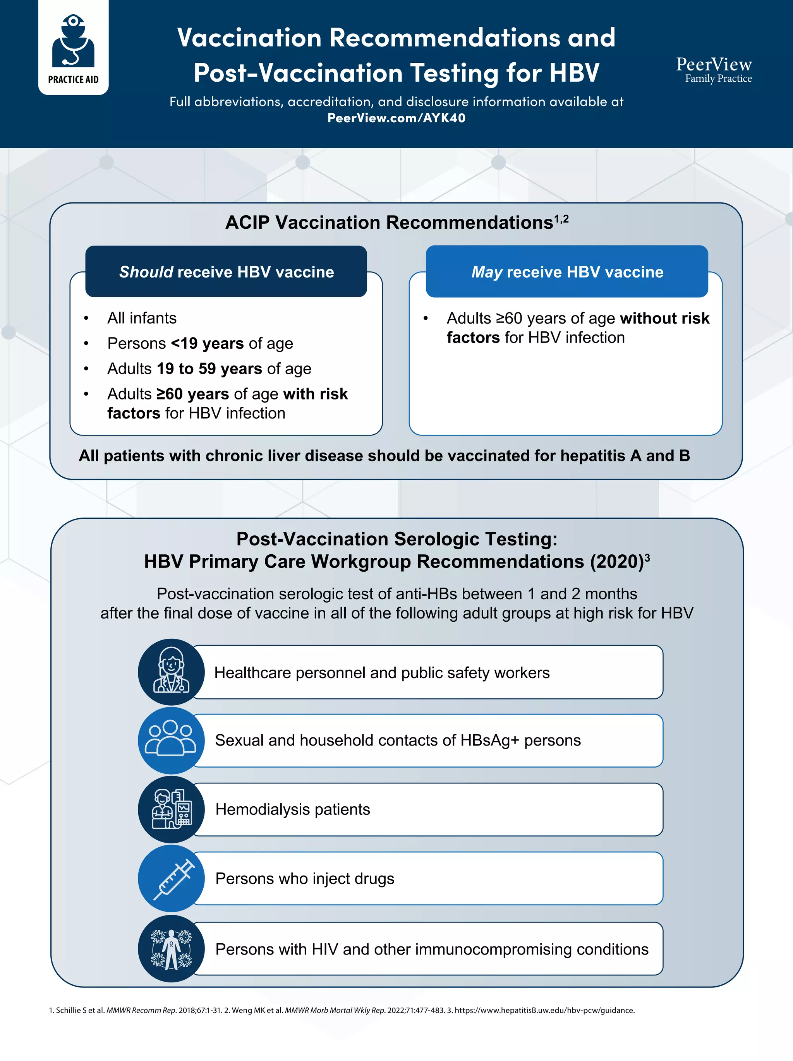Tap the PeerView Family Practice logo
coord(714,70)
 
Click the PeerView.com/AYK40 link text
coord(396,118)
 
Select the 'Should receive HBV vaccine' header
coord(226,272)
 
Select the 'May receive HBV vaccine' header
coord(567,272)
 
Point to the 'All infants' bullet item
coord(142,318)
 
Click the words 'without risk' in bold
coord(664,318)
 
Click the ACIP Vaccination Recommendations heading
coord(390,223)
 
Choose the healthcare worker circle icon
coord(171,672)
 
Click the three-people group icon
coord(171,740)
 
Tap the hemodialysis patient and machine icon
coord(171,810)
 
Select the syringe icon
coord(171,879)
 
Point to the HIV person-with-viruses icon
coord(171,949)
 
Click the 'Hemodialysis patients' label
coord(293,810)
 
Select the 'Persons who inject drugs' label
coord(305,879)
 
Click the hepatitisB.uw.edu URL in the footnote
coord(544,1010)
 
